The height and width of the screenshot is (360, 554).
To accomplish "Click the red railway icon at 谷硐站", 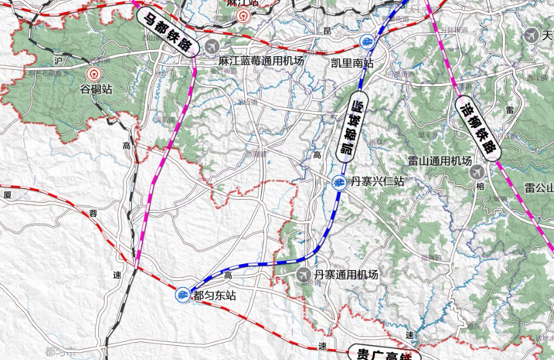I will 94,74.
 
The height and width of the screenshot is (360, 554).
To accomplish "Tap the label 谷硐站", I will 96,89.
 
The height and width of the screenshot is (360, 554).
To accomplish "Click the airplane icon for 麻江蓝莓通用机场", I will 211,46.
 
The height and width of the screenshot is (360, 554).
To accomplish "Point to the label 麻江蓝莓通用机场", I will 261,61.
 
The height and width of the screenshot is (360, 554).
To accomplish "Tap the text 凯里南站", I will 352,63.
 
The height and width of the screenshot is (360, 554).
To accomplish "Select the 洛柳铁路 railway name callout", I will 478,128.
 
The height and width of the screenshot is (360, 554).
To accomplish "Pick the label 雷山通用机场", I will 439,161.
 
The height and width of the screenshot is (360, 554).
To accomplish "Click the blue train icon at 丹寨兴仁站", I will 339,182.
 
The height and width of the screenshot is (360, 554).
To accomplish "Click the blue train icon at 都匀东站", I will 182,295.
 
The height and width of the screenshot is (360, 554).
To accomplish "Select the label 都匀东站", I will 215,295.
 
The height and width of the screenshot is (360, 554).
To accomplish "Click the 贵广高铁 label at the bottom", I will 384,353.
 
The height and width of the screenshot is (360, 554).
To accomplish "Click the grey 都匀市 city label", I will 61,351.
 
